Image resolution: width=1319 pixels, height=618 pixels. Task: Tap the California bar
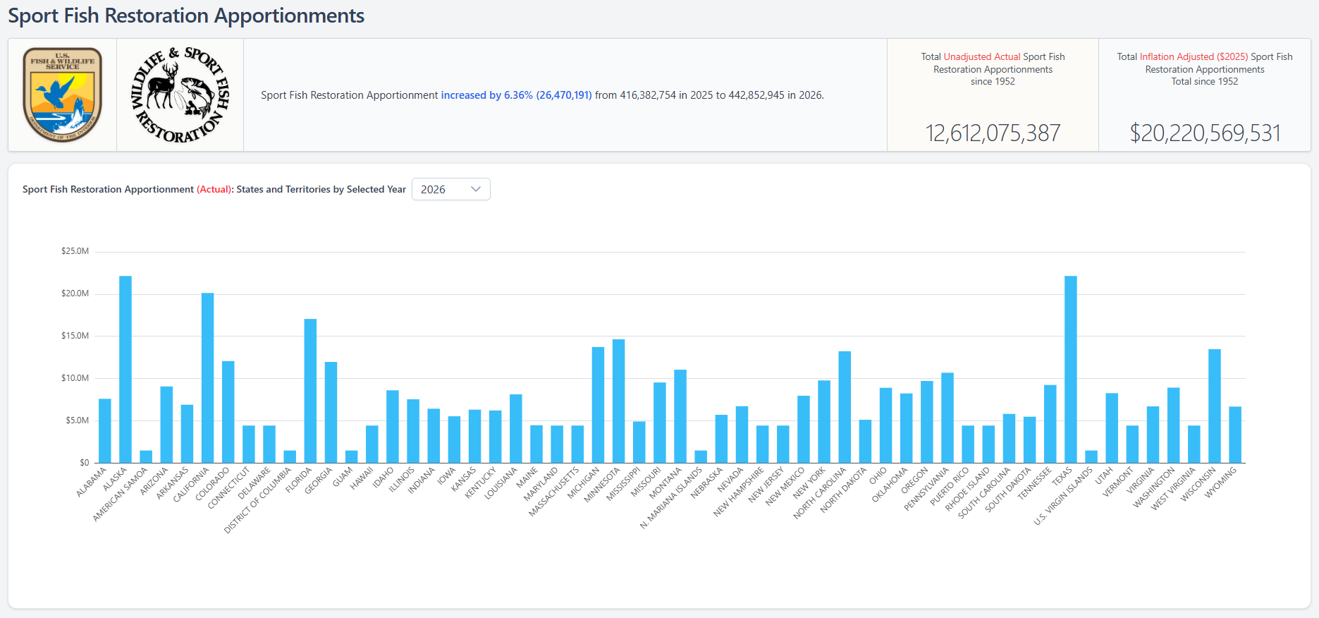[207, 377]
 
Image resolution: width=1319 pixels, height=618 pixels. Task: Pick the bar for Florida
[310, 391]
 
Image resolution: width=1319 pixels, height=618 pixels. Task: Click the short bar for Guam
[351, 456]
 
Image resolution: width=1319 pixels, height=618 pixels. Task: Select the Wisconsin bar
[1214, 406]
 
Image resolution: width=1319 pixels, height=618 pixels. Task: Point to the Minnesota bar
[618, 401]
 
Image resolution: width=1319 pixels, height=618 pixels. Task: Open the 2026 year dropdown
[450, 189]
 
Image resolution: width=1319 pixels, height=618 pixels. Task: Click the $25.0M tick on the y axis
[75, 251]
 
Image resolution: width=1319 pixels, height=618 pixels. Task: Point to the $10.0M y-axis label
[75, 378]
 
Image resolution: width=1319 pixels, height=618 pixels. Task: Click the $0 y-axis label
[84, 463]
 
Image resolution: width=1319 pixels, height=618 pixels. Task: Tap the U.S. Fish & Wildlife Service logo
[62, 95]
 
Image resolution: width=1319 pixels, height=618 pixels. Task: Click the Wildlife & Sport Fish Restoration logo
[180, 95]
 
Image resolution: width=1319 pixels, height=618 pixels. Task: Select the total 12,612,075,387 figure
[992, 133]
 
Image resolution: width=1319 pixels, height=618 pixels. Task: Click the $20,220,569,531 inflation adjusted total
[1204, 133]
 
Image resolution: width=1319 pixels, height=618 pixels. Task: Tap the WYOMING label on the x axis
[1221, 483]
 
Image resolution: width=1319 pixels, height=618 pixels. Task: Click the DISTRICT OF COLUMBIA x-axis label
[258, 499]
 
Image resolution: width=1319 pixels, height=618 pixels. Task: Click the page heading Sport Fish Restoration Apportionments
[186, 16]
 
